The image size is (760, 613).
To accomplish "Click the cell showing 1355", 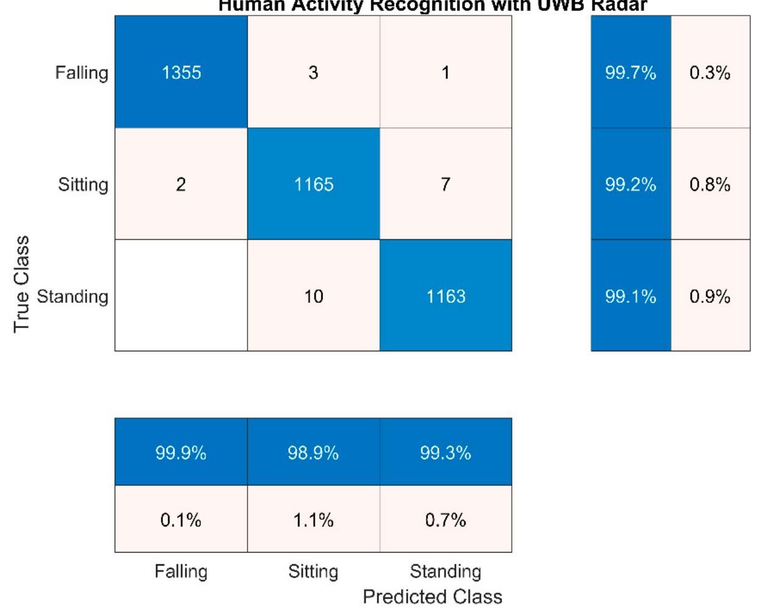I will pyautogui.click(x=181, y=72).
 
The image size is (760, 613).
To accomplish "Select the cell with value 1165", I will pyautogui.click(x=313, y=184).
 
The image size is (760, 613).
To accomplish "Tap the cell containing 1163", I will pyautogui.click(x=446, y=296).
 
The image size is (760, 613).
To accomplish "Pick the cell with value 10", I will pyautogui.click(x=313, y=296).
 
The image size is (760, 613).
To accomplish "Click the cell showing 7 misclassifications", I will pyautogui.click(x=446, y=184).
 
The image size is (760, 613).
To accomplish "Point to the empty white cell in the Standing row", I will pyautogui.click(x=181, y=295).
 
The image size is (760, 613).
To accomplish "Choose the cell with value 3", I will pyautogui.click(x=313, y=72).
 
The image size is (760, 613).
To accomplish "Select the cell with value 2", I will pyautogui.click(x=181, y=184).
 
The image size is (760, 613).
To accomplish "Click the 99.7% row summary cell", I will pyautogui.click(x=630, y=73).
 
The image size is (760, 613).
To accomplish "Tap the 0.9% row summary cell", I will pyautogui.click(x=710, y=296).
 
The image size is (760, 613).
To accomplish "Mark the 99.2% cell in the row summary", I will pyautogui.click(x=630, y=184).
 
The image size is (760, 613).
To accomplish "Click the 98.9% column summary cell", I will pyautogui.click(x=313, y=453).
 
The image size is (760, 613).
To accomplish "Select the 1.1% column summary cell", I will pyautogui.click(x=313, y=520).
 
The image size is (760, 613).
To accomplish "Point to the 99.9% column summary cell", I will pyautogui.click(x=181, y=453).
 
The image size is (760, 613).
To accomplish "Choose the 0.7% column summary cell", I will pyautogui.click(x=446, y=520).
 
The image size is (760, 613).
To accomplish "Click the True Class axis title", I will pyautogui.click(x=21, y=284).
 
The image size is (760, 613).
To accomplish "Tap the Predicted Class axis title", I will pyautogui.click(x=432, y=596).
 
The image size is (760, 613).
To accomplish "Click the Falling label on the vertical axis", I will pyautogui.click(x=82, y=73).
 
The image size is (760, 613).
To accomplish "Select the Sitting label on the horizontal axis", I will pyautogui.click(x=313, y=572).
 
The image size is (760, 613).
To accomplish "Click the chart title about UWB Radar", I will pyautogui.click(x=432, y=6).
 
